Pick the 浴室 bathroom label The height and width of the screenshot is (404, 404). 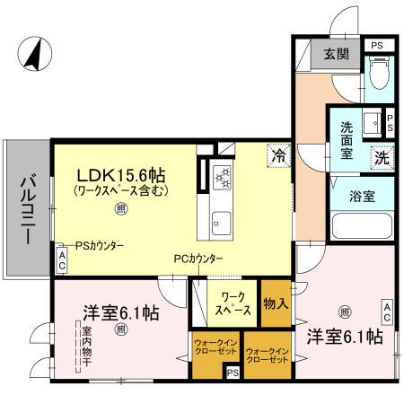pyautogui.click(x=351, y=194)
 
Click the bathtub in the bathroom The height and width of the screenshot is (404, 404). pyautogui.click(x=362, y=224)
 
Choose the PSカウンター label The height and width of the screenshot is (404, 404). pyautogui.click(x=99, y=245)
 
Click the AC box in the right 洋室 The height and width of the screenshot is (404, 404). pyautogui.click(x=387, y=312)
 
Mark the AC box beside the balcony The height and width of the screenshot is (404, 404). pyautogui.click(x=61, y=261)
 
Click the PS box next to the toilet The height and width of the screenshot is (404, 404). pyautogui.click(x=376, y=44)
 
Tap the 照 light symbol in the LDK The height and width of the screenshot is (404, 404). pyautogui.click(x=119, y=207)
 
